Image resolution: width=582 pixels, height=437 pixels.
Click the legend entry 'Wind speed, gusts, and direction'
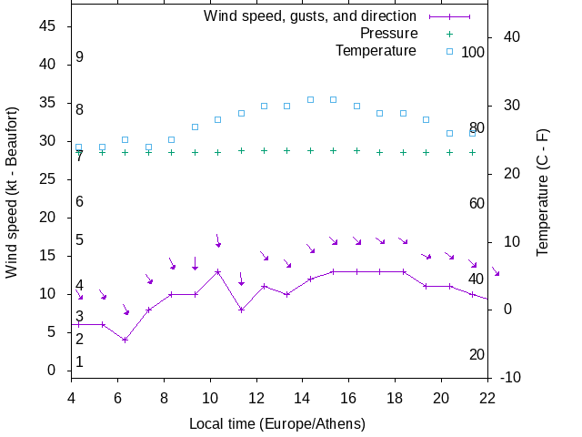point(309,16)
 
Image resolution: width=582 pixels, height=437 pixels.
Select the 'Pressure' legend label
point(388,34)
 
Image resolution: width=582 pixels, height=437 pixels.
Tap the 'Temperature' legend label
point(376,51)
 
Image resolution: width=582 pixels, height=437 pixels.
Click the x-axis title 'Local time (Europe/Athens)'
point(277,423)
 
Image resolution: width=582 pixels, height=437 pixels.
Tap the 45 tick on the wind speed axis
point(49,27)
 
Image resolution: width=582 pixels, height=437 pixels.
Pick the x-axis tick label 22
point(487,397)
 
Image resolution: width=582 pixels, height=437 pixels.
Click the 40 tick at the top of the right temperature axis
point(510,37)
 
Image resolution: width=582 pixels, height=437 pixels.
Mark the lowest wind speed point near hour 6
point(125,340)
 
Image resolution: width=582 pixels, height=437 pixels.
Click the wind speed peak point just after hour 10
point(217,271)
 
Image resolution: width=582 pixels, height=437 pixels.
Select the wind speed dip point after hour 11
point(241,310)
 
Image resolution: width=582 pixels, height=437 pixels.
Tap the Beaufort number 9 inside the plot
point(80,57)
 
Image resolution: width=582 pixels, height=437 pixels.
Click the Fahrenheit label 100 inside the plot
point(473,52)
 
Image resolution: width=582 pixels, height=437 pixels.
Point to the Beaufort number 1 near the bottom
point(80,362)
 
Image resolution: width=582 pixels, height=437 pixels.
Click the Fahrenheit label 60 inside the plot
point(477,203)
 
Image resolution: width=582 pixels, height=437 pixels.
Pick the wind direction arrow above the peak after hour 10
point(218,240)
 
